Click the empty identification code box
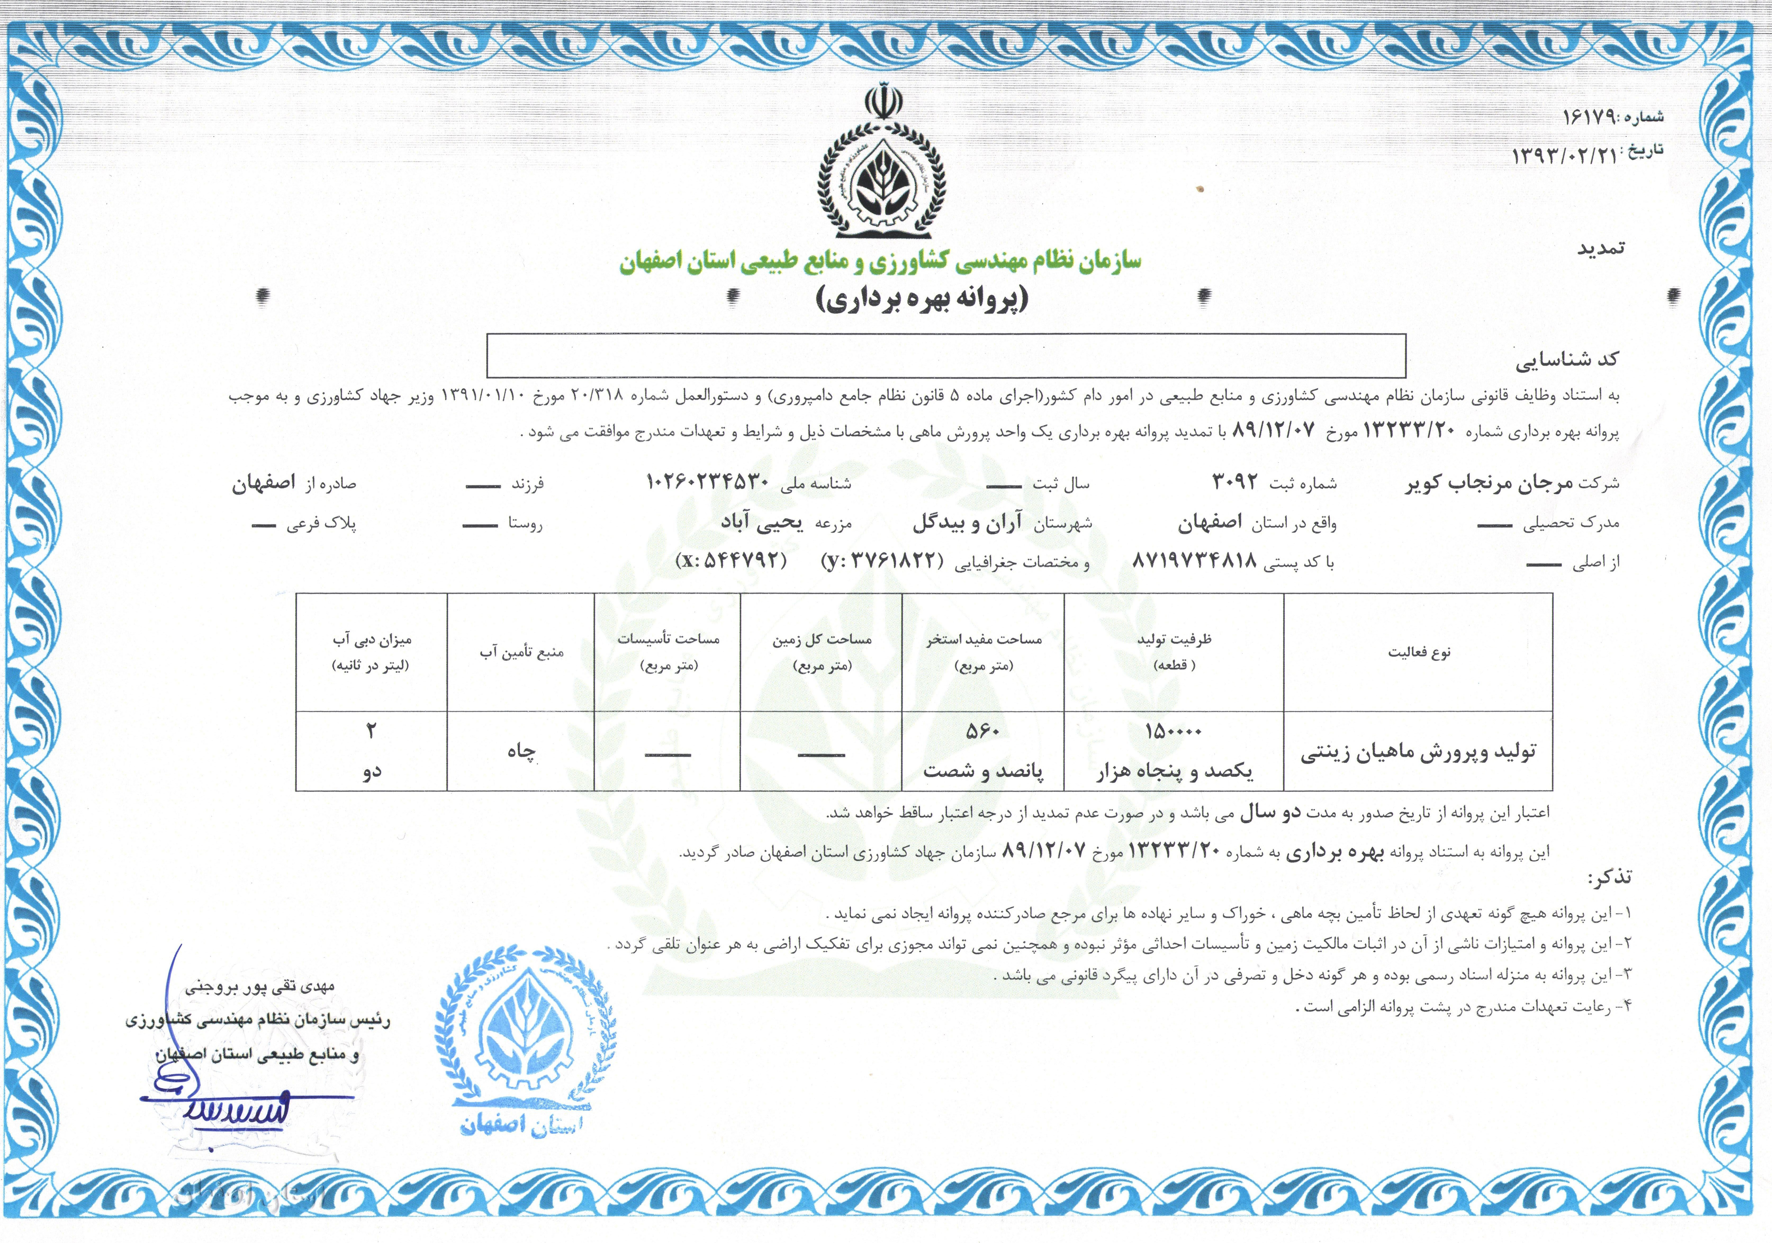click(945, 356)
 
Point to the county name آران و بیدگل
click(967, 523)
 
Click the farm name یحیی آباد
click(762, 523)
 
